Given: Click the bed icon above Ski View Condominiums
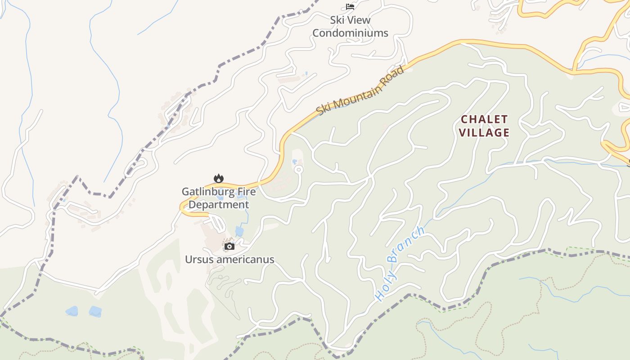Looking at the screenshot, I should tap(350, 7).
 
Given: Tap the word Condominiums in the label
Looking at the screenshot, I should tap(350, 33).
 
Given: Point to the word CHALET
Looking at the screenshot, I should tap(484, 119).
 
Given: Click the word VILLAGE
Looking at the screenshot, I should tap(485, 133).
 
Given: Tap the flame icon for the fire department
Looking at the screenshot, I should tap(219, 179).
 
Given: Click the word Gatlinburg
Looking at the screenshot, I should tap(206, 192).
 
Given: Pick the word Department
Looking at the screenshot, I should tap(218, 205).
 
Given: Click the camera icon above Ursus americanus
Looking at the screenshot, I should tap(229, 246).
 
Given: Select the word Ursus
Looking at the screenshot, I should tap(197, 260).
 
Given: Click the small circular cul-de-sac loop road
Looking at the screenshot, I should tap(298, 170).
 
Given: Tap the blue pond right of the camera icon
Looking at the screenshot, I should tap(239, 232).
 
